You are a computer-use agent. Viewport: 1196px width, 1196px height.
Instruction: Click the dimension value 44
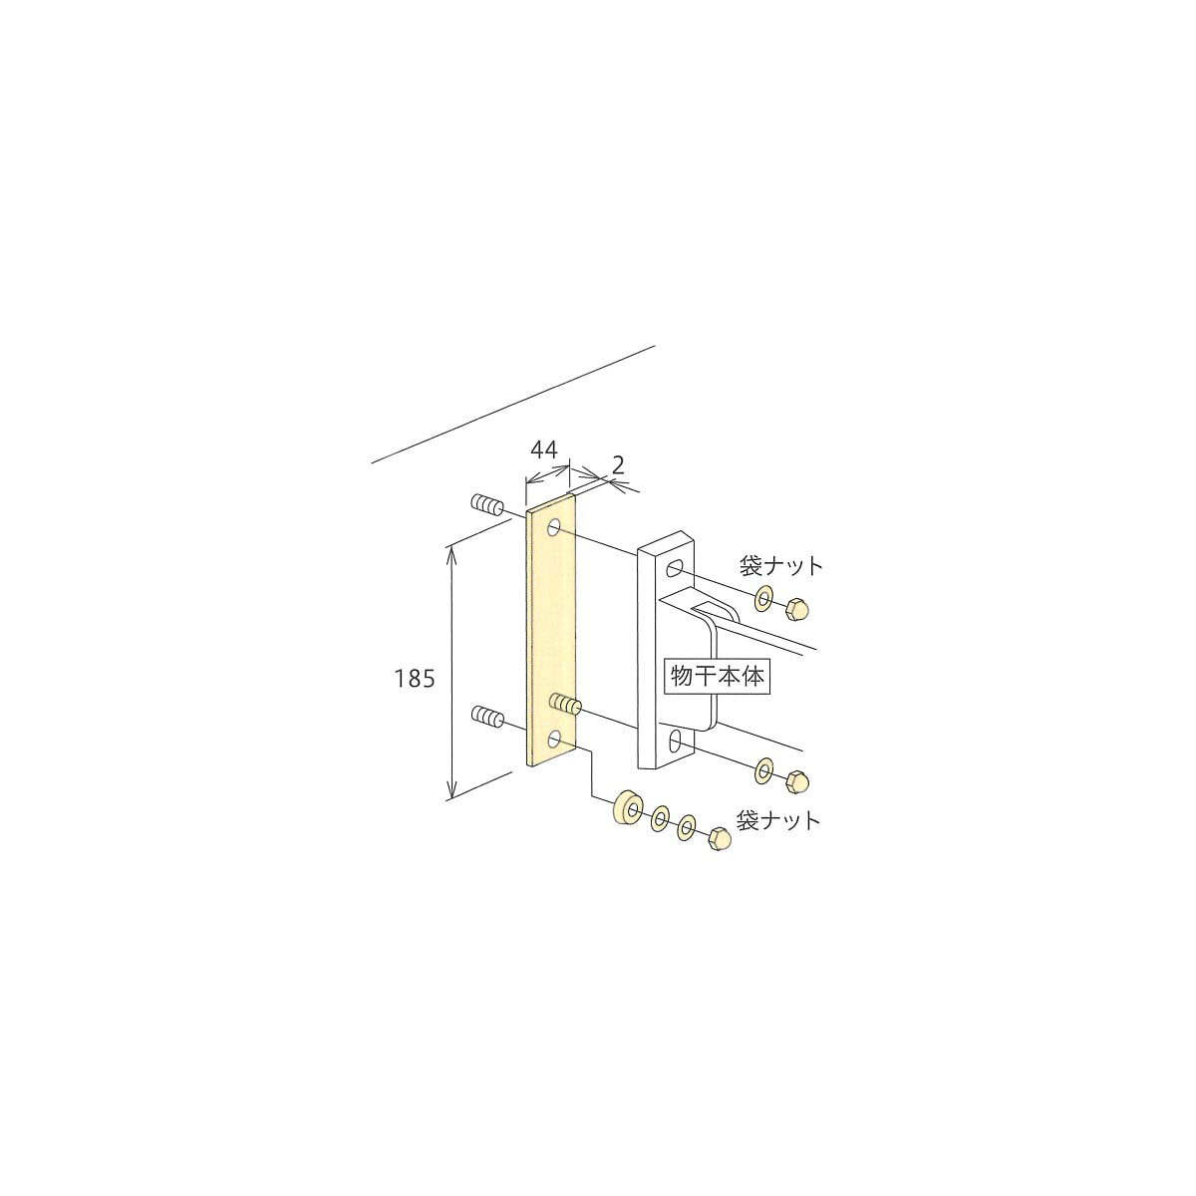pos(544,449)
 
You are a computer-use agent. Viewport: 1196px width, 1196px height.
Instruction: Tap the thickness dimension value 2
pos(618,464)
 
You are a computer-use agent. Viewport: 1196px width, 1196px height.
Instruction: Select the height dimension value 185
pos(415,680)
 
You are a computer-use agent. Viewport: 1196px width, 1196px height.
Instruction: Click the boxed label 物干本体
pos(718,676)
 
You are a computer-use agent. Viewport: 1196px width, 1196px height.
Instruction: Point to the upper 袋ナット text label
pos(780,565)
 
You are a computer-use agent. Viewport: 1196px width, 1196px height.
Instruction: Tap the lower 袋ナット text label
pos(778,820)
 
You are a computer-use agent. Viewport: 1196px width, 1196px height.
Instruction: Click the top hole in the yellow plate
pos(554,529)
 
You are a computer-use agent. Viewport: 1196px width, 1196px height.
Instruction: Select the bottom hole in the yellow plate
pos(555,740)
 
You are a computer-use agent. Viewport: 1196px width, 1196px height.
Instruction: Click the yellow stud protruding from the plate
pos(565,706)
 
